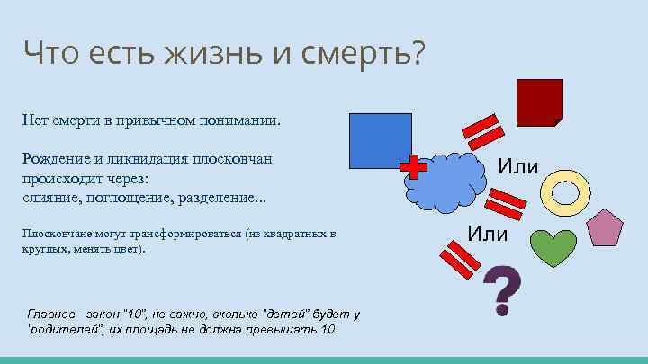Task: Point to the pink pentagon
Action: (x=605, y=228)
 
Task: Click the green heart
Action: (x=551, y=246)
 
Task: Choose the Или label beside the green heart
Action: (x=488, y=235)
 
